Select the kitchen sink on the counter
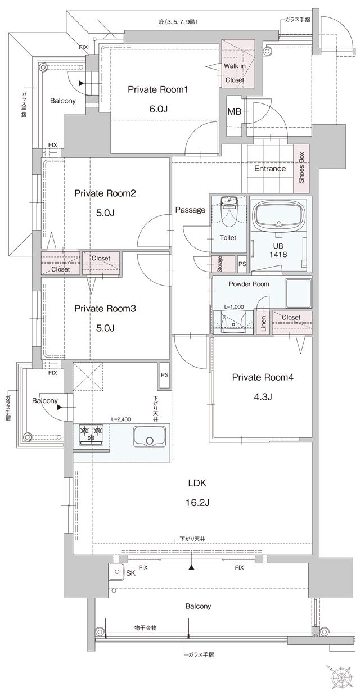149,436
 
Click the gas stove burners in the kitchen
92,432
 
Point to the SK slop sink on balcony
116,572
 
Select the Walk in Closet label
235,73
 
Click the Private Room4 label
263,377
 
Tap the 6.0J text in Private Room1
158,109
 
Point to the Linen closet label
263,324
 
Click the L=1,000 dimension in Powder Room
235,306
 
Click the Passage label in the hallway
190,210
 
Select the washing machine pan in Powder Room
299,292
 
